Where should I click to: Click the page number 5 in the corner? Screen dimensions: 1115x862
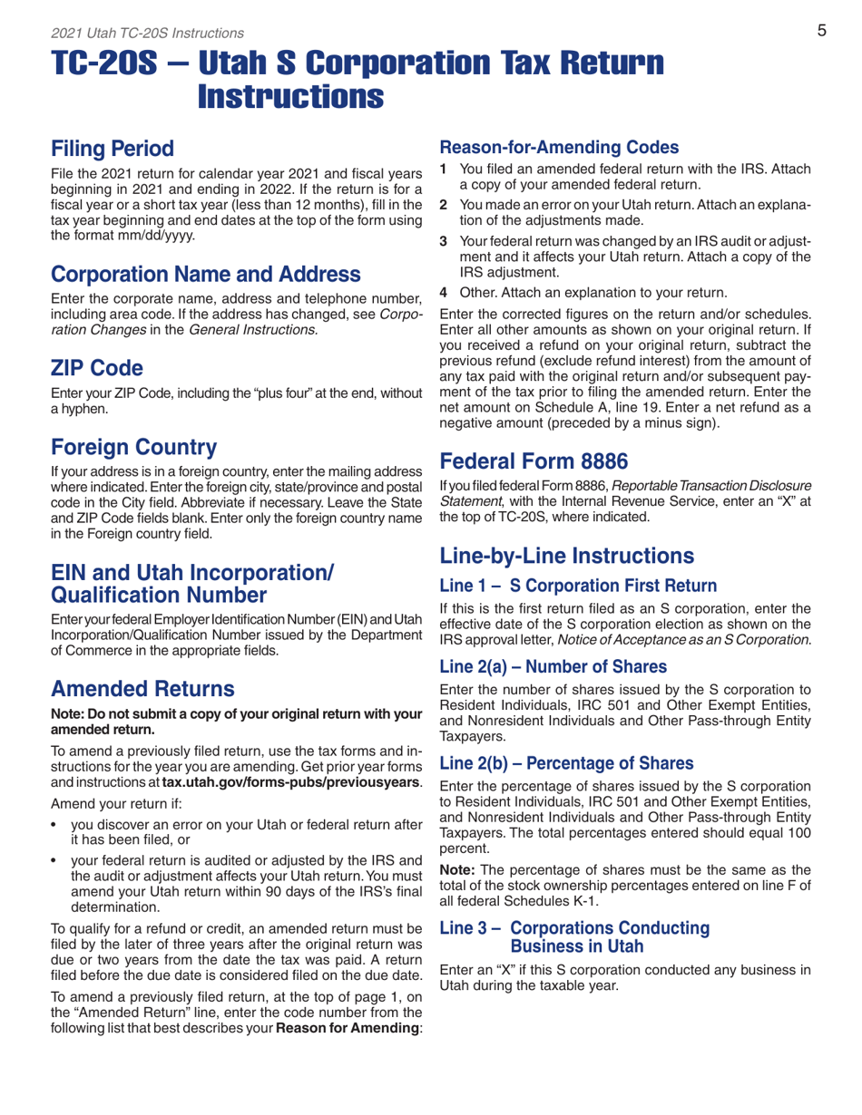tap(819, 31)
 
